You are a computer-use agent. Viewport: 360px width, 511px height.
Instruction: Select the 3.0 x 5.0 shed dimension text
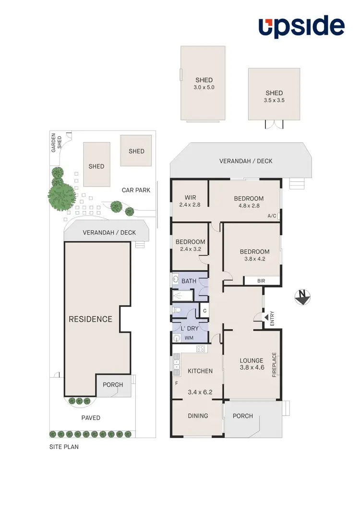pyautogui.click(x=204, y=88)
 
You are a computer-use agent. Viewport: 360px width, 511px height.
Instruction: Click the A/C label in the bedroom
pyautogui.click(x=272, y=216)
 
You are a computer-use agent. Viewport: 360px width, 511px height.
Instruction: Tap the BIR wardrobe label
pyautogui.click(x=262, y=281)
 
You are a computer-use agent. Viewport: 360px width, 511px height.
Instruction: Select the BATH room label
pyautogui.click(x=189, y=281)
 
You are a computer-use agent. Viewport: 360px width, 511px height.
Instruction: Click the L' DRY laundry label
pyautogui.click(x=189, y=328)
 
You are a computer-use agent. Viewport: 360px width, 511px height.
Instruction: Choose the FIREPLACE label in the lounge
pyautogui.click(x=275, y=365)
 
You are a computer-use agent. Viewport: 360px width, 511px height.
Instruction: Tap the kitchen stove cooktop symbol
pyautogui.click(x=201, y=349)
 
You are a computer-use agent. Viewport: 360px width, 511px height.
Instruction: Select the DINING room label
pyautogui.click(x=197, y=416)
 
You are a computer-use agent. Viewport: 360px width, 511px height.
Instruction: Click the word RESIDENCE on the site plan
pyautogui.click(x=90, y=319)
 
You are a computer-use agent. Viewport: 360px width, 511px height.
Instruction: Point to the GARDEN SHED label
pyautogui.click(x=57, y=143)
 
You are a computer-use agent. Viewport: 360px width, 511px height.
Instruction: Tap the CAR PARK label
pyautogui.click(x=136, y=190)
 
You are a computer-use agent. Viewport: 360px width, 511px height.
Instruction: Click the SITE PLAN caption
pyautogui.click(x=64, y=447)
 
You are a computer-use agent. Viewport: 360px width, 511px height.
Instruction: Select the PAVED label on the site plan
pyautogui.click(x=91, y=418)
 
